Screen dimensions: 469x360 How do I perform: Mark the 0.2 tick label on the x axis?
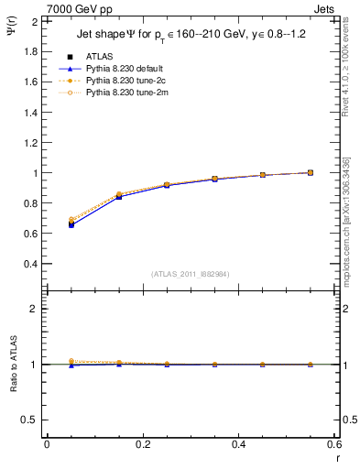pyautogui.click(x=142, y=444)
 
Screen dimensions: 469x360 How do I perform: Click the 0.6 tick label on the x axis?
pyautogui.click(x=333, y=444)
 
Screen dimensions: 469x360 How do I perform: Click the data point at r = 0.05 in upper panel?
pyautogui.click(x=71, y=223)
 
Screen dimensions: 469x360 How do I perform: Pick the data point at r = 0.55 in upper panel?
pyautogui.click(x=311, y=172)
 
